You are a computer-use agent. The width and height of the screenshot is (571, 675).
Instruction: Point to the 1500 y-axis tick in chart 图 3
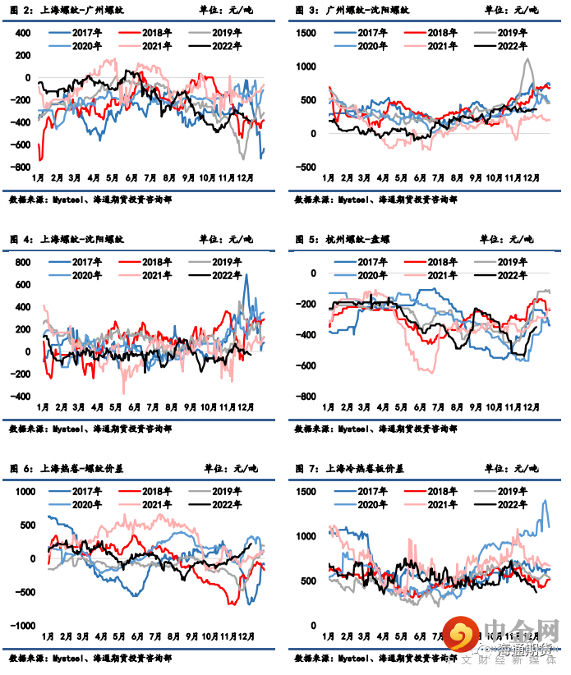[305, 32]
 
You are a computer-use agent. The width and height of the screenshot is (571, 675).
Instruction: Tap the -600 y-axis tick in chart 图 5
[306, 365]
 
